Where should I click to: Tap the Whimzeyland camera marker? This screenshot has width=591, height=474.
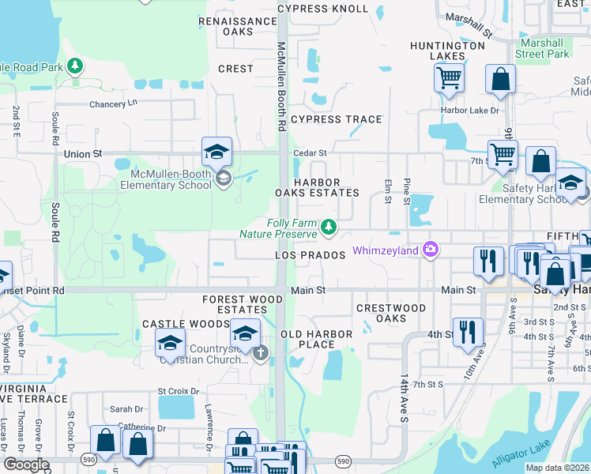click(430, 250)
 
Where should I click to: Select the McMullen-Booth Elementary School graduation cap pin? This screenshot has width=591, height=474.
click(216, 152)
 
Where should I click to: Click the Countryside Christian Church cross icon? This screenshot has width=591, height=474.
click(261, 354)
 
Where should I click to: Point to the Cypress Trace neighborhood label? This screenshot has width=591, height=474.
click(336, 119)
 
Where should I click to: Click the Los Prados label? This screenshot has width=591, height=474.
click(311, 255)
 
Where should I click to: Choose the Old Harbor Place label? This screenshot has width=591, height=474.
click(317, 339)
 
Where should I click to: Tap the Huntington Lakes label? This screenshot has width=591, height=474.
click(447, 51)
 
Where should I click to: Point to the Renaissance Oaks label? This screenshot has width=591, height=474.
click(237, 26)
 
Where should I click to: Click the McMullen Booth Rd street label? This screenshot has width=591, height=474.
click(281, 87)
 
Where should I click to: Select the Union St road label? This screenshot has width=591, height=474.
click(78, 154)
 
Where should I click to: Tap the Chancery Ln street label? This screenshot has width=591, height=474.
click(113, 103)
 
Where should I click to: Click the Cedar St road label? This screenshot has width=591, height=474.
click(310, 152)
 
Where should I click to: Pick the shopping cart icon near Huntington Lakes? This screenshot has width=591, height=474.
click(449, 77)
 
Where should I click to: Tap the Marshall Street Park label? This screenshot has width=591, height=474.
click(542, 48)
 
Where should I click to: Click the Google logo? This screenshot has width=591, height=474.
click(25, 464)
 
